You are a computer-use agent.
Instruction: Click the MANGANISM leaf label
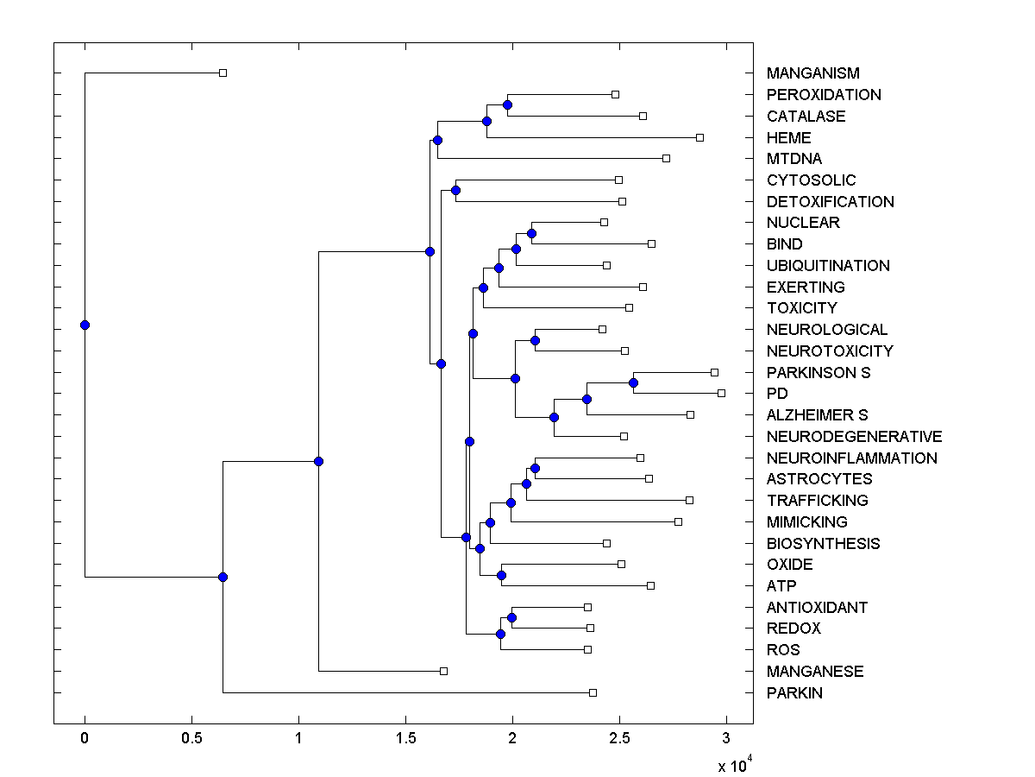pyautogui.click(x=812, y=73)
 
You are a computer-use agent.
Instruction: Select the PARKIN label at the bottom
pyautogui.click(x=793, y=692)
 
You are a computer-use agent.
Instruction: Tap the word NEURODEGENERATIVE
pyautogui.click(x=854, y=437)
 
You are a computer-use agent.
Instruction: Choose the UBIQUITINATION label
pyautogui.click(x=828, y=266)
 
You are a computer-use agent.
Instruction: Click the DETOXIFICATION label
pyautogui.click(x=830, y=202)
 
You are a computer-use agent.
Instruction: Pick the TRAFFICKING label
pyautogui.click(x=817, y=501)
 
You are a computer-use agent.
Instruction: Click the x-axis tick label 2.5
pyautogui.click(x=619, y=739)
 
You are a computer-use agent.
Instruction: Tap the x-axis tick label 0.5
pyautogui.click(x=191, y=739)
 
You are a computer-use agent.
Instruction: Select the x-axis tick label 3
pyautogui.click(x=726, y=739)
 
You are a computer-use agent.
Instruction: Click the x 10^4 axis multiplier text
pyautogui.click(x=735, y=765)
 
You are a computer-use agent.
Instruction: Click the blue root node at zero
pyautogui.click(x=85, y=325)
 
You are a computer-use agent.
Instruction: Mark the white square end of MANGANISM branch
pyautogui.click(x=223, y=73)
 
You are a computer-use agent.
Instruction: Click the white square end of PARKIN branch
pyautogui.click(x=593, y=692)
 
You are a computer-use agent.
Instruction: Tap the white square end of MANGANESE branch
pyautogui.click(x=443, y=671)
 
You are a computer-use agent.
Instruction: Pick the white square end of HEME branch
pyautogui.click(x=699, y=137)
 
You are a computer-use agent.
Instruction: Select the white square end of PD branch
pyautogui.click(x=721, y=393)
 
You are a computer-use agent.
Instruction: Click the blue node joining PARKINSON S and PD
pyautogui.click(x=633, y=382)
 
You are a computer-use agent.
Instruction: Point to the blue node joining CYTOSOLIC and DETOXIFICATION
pyautogui.click(x=455, y=190)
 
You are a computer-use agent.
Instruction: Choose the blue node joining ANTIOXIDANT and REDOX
pyautogui.click(x=511, y=617)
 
